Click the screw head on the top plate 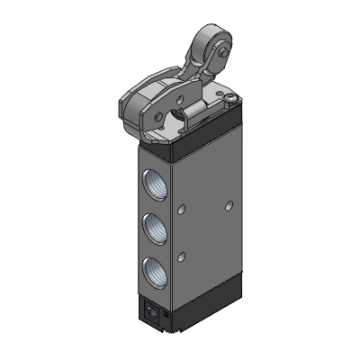(x=230, y=100)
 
